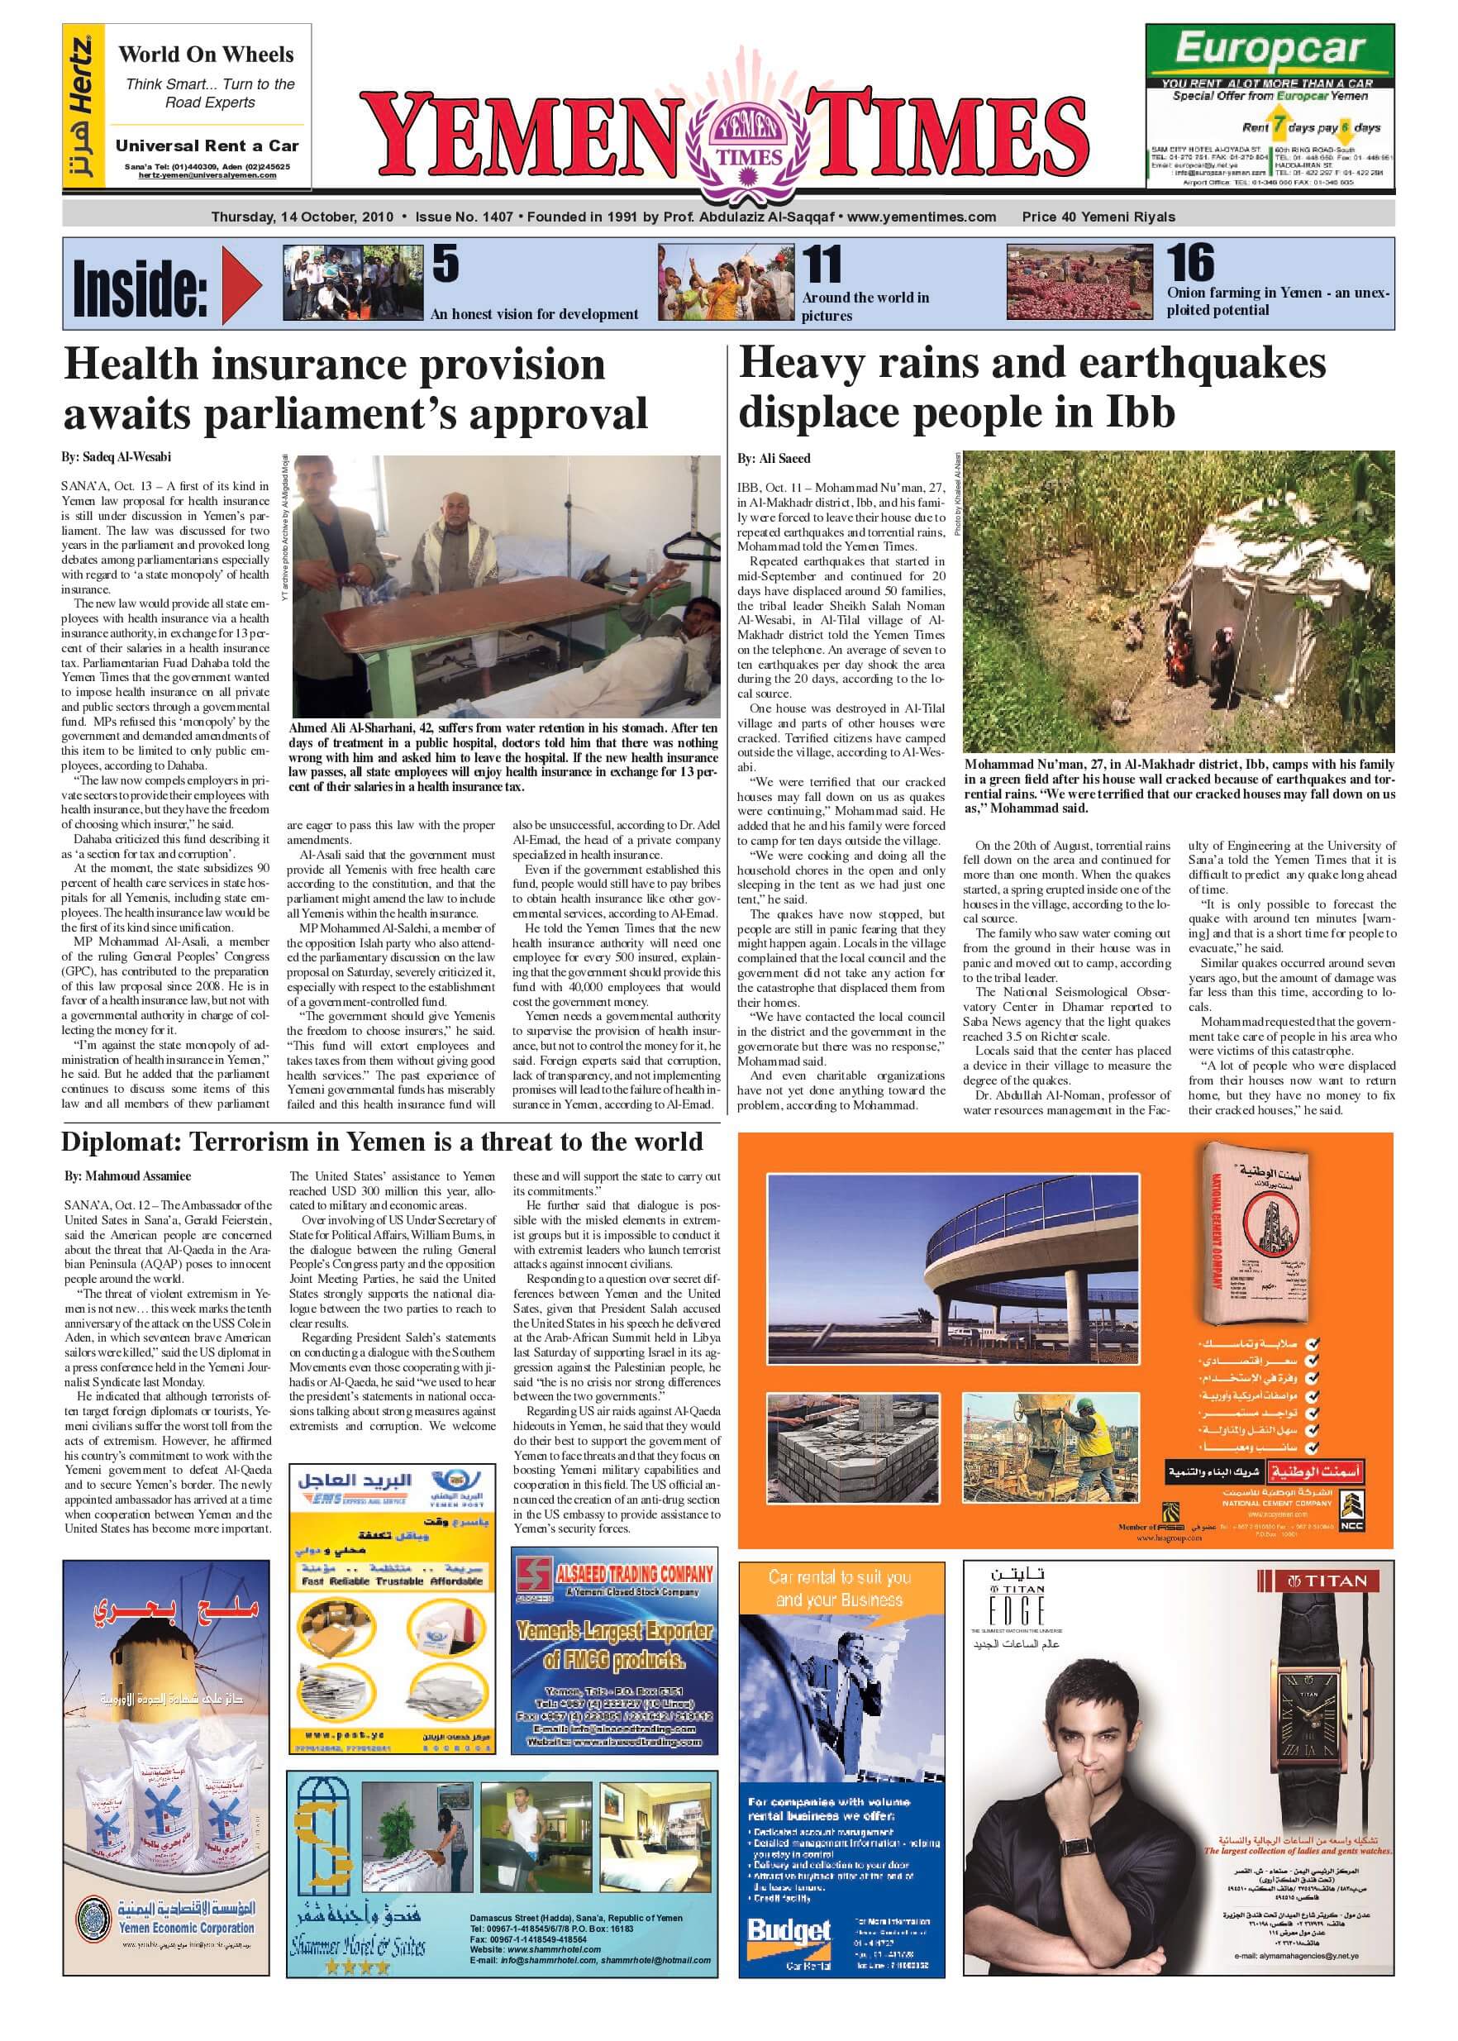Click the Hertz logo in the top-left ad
82,107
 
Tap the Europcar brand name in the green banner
1270,49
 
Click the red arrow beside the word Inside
241,285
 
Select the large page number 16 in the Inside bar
1189,262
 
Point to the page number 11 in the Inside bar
822,265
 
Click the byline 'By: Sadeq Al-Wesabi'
116,457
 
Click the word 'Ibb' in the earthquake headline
1140,412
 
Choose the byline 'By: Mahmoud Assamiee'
127,1175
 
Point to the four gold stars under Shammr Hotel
357,1967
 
